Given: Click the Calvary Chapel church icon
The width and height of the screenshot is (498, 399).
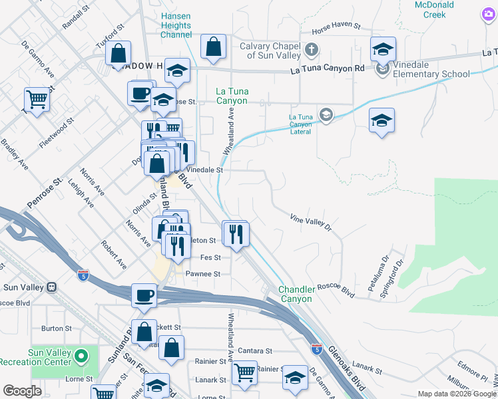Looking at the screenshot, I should tap(311, 49).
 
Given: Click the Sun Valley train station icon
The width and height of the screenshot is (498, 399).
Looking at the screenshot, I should tap(51, 287).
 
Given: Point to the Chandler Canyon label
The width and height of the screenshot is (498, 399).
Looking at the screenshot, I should tap(296, 295).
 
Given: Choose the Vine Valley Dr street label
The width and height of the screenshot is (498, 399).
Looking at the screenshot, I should tap(310, 223).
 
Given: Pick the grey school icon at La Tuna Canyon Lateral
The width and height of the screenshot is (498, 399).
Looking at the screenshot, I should tap(326, 115).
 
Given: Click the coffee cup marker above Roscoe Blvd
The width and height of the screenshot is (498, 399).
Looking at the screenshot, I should tap(144, 295).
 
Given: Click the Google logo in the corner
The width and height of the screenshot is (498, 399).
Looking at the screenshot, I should tap(22, 391).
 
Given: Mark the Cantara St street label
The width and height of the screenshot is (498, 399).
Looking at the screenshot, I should tap(259, 350).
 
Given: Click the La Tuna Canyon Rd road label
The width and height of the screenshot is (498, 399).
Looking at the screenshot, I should tap(328, 68).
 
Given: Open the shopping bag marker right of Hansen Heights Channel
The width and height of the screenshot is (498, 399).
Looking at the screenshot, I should tap(213, 47).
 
